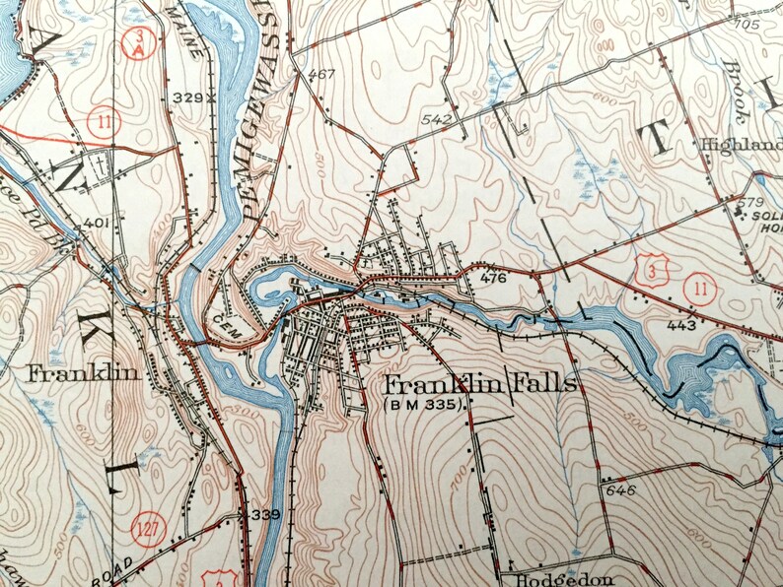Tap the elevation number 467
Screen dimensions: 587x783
[x=320, y=75]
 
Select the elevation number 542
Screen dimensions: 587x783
[x=435, y=120]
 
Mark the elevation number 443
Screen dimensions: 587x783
[x=680, y=325]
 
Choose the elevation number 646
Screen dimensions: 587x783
[x=621, y=489]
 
